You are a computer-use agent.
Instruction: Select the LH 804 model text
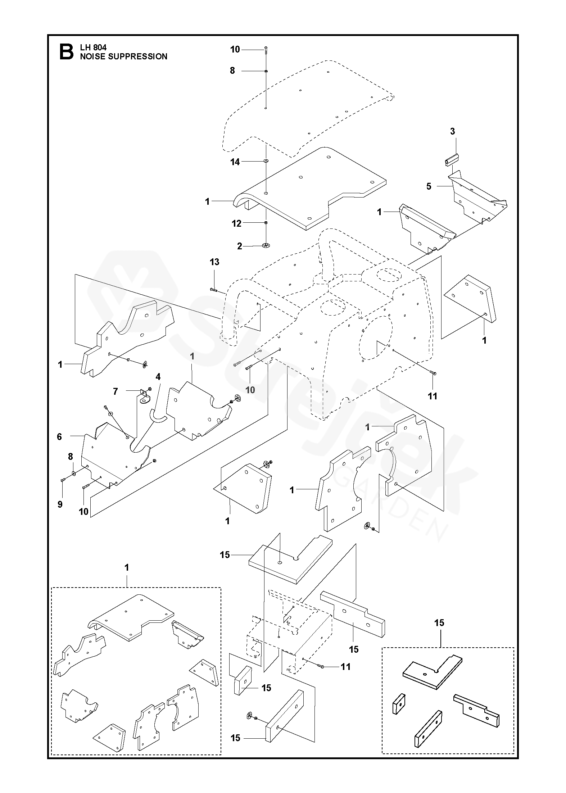tap(93, 47)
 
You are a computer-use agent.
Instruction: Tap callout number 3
tap(452, 132)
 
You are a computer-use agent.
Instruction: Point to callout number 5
tap(429, 187)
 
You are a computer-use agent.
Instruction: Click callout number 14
tap(235, 162)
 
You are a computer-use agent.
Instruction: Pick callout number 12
tap(236, 223)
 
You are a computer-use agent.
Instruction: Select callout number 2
tap(240, 246)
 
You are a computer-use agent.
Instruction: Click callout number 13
tap(214, 262)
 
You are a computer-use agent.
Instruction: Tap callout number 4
tap(158, 377)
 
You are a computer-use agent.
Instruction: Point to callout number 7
tap(116, 391)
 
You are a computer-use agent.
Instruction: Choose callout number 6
tap(59, 437)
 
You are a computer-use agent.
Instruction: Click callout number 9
tap(60, 504)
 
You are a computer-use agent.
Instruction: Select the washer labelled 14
tap(266, 160)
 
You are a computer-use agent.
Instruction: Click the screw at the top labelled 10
tap(266, 49)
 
